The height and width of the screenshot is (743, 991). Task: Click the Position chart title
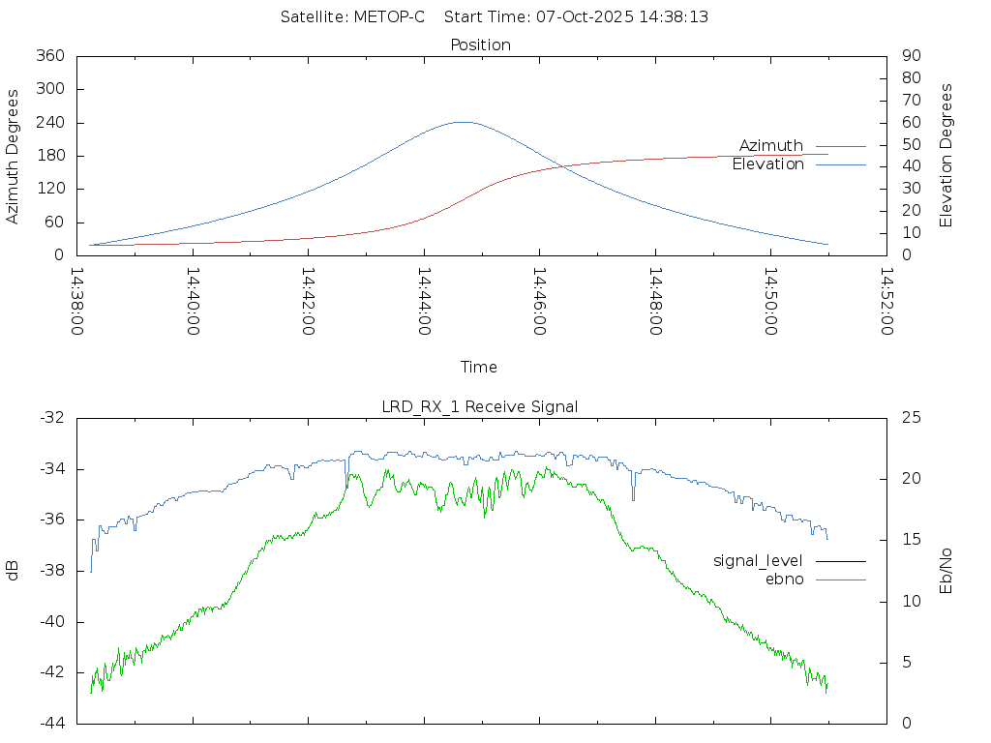[480, 45]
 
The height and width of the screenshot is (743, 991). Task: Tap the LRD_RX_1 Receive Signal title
[480, 406]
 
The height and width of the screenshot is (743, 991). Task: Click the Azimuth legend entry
[771, 146]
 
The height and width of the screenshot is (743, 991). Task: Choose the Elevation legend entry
[768, 164]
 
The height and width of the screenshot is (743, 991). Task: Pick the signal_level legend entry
[758, 560]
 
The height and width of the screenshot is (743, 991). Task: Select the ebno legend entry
[784, 579]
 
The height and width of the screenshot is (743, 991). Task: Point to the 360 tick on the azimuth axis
[50, 56]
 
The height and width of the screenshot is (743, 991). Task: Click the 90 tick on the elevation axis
[910, 56]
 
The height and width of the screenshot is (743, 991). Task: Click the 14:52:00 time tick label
[886, 302]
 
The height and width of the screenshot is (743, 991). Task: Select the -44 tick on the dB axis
[52, 723]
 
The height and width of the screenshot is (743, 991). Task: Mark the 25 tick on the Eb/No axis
[910, 418]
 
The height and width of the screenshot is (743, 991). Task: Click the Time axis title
[479, 367]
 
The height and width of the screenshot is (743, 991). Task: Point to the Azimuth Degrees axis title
[14, 156]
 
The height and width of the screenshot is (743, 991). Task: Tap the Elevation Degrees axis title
[946, 156]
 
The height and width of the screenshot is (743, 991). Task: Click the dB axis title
[14, 571]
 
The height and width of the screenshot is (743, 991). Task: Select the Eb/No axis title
[946, 571]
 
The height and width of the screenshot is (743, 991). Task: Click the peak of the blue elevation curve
[463, 122]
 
